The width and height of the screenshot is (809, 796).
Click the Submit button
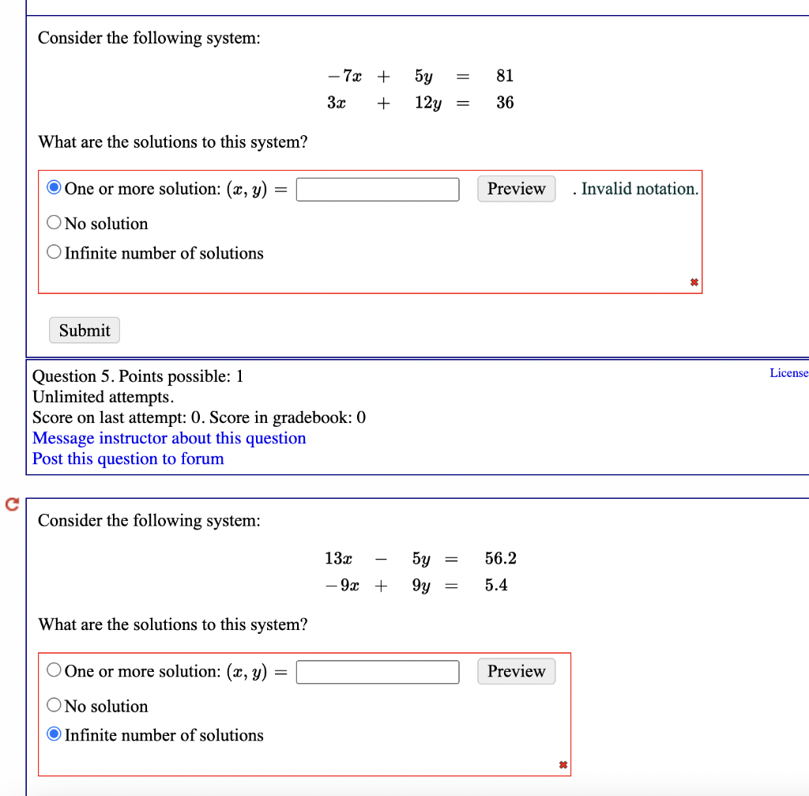coord(85,330)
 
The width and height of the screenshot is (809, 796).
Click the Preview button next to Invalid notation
coord(516,189)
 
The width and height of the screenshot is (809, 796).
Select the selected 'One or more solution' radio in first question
coord(54,188)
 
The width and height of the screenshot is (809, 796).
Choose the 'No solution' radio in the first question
coord(54,223)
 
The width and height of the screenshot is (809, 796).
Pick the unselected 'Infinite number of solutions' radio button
coord(54,253)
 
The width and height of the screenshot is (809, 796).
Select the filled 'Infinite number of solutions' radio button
coord(54,734)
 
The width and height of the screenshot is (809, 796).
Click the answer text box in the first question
coord(378,190)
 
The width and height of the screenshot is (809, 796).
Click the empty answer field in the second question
coord(378,672)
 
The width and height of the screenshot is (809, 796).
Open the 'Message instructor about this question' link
coord(169,438)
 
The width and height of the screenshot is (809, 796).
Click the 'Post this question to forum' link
coord(128,458)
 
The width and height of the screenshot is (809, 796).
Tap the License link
coord(788,373)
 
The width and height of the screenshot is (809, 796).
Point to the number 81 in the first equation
coord(505,76)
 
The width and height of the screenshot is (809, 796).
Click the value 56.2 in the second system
coord(501,559)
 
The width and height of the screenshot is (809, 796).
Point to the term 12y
coord(427,103)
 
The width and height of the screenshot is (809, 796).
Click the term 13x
coord(338,559)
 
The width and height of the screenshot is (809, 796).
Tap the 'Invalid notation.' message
coord(639,189)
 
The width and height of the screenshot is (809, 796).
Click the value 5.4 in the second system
coord(496,586)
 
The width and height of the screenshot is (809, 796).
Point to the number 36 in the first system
coord(505,103)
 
